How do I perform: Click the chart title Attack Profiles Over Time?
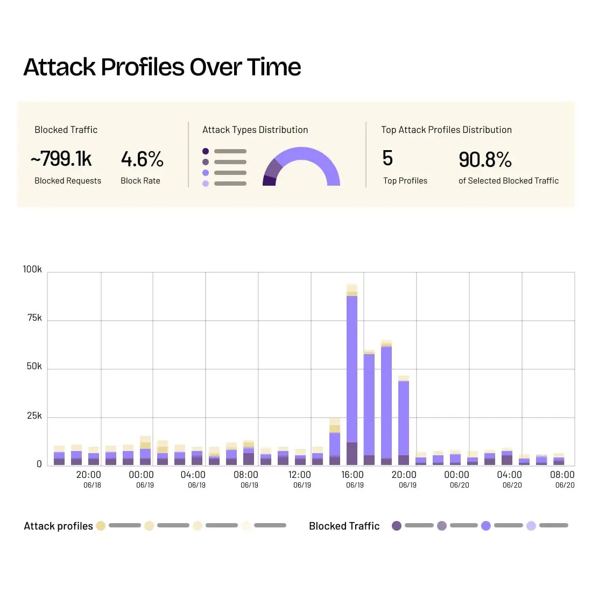click(162, 67)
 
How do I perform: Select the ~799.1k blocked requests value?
click(61, 159)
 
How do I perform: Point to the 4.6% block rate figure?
click(142, 159)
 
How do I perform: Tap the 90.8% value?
click(485, 159)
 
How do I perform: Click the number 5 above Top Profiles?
click(387, 158)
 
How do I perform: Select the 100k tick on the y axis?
click(32, 269)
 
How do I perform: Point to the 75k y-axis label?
click(34, 318)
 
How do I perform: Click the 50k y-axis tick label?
click(34, 367)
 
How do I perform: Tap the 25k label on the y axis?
click(34, 416)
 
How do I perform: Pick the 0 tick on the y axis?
click(39, 464)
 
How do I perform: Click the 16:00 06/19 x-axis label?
click(353, 478)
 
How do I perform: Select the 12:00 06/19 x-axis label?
click(300, 478)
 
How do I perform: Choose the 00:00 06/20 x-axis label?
click(457, 478)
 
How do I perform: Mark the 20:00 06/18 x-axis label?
click(89, 478)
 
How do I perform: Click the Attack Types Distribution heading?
click(255, 130)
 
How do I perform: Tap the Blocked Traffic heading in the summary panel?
click(66, 130)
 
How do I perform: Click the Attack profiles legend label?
click(58, 526)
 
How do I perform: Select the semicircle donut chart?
click(301, 164)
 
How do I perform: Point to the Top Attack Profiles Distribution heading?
click(446, 130)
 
